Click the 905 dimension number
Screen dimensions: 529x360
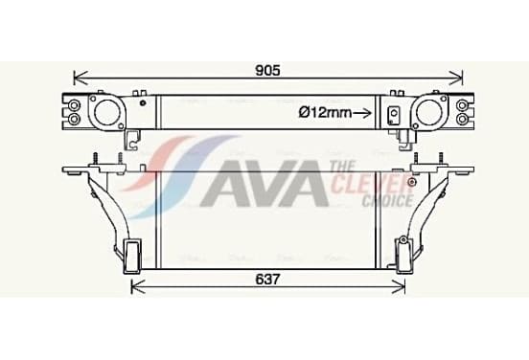(268, 71)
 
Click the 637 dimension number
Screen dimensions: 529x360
(268, 280)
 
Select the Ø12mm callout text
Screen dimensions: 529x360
(325, 112)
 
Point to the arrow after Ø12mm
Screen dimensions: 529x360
(362, 113)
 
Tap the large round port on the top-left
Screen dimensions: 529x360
(105, 113)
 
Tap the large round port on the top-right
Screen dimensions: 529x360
(428, 113)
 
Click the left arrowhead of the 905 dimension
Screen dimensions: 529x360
(80, 78)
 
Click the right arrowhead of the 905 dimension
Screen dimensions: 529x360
(456, 78)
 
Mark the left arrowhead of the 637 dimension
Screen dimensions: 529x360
(138, 287)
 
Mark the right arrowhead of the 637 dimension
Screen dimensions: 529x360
(399, 287)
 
